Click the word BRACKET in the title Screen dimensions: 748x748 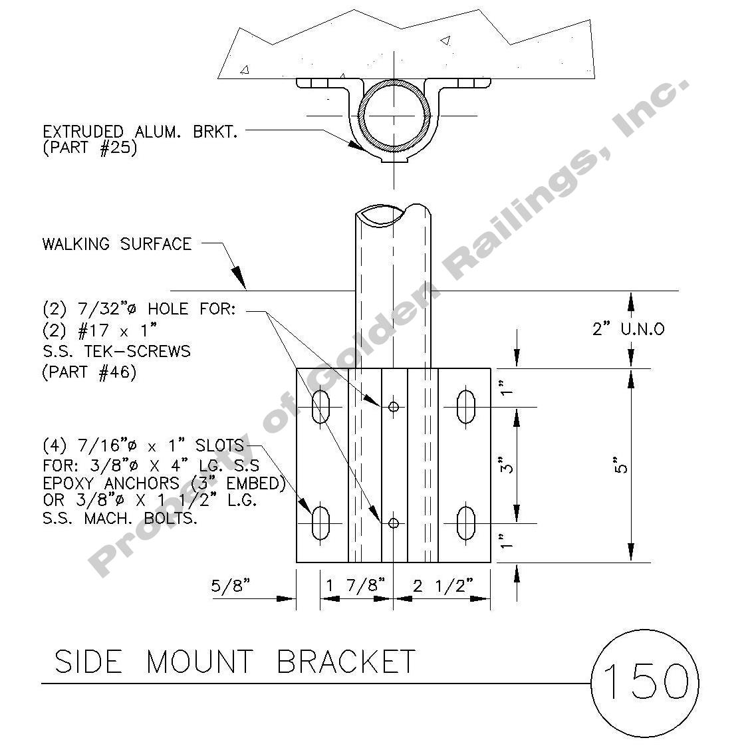point(346,662)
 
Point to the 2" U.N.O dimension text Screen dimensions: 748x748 point(628,328)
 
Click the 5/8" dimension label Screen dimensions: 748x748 point(231,586)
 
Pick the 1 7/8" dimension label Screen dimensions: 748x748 point(356,586)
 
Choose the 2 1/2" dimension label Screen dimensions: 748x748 point(443,586)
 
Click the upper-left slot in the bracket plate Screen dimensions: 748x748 point(321,406)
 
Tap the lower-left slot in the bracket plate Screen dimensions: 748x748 point(321,523)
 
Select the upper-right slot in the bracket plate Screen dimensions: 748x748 point(465,406)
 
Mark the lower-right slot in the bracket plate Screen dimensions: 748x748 point(465,523)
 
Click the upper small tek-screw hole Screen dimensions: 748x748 point(394,406)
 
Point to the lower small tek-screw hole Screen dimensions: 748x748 point(394,523)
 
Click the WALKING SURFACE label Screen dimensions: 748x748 point(116,244)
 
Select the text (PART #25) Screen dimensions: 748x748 point(90,148)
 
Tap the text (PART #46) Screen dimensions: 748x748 point(89,372)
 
